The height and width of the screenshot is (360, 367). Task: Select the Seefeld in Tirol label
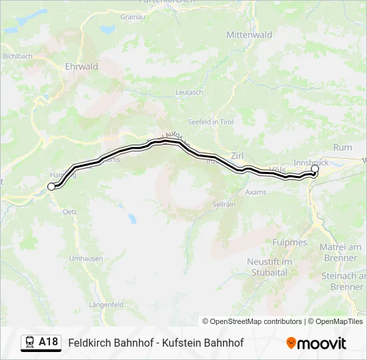212,121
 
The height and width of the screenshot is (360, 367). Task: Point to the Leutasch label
189,92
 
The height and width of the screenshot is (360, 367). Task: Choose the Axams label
256,192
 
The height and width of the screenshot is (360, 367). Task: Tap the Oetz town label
70,211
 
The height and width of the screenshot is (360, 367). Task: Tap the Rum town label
342,147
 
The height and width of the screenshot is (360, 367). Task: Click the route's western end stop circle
51,187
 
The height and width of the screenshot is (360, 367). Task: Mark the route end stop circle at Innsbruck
315,169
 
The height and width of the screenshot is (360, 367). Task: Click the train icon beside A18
31,343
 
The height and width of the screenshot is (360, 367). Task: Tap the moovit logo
316,343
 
